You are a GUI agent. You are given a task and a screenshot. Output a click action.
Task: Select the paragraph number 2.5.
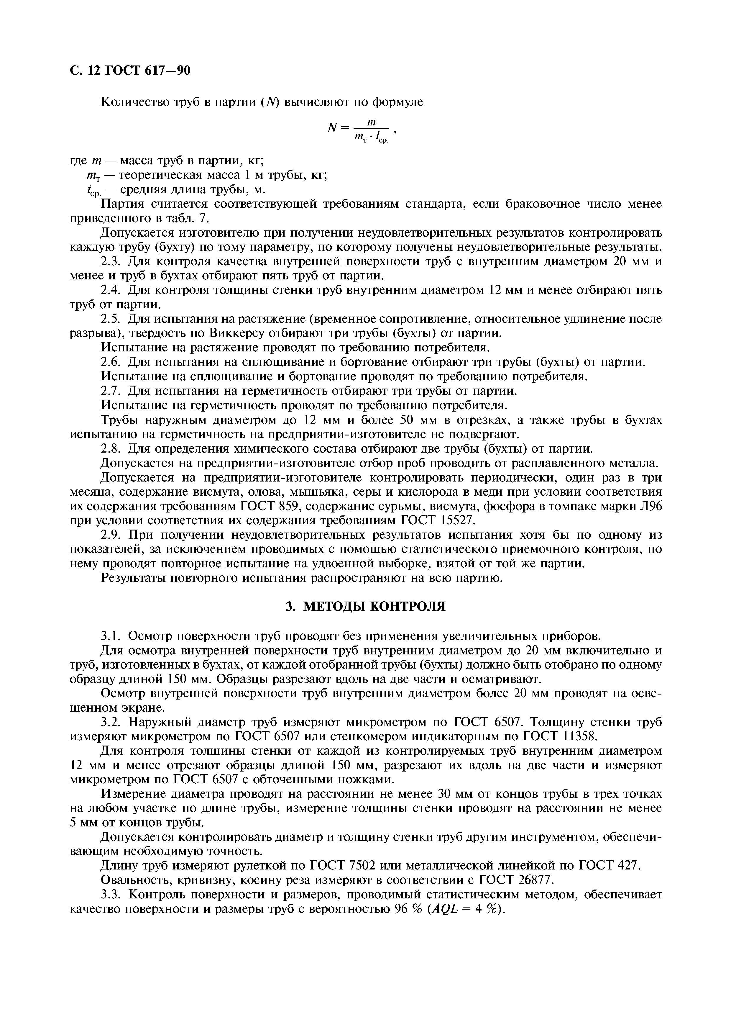112,319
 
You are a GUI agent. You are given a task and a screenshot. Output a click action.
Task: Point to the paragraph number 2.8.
112,449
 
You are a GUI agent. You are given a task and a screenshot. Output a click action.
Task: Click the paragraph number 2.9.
112,535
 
